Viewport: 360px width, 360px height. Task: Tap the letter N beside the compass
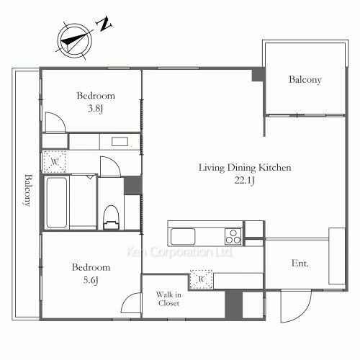click(x=105, y=25)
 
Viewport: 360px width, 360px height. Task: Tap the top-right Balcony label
click(x=305, y=80)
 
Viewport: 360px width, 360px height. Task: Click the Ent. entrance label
click(x=300, y=264)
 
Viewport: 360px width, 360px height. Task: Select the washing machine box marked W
click(x=55, y=161)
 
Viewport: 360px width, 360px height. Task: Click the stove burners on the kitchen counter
click(x=233, y=235)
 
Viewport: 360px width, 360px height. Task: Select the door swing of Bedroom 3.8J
click(x=55, y=122)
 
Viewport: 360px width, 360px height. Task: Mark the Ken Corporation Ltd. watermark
click(x=179, y=253)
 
